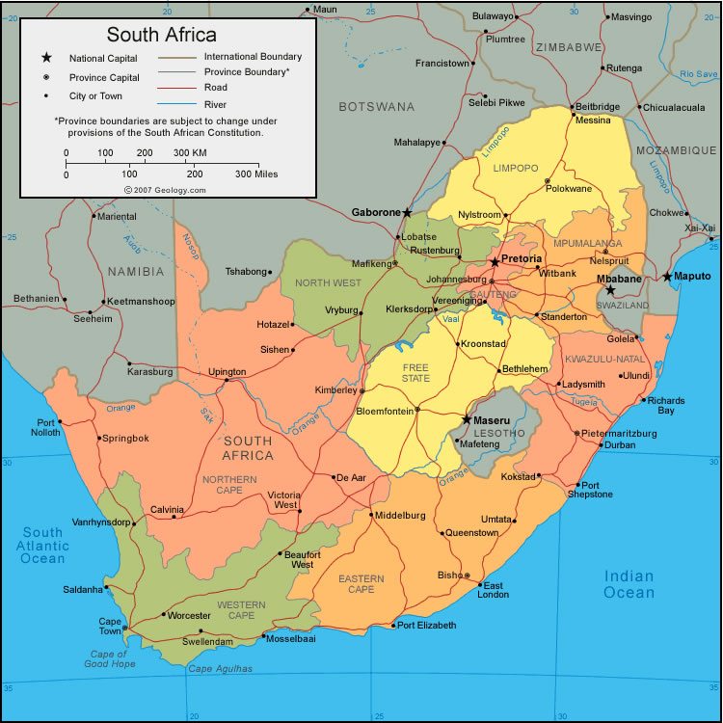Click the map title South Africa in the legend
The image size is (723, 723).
tap(161, 35)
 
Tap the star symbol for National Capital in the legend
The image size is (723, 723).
tap(44, 58)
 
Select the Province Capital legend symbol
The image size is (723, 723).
tap(44, 77)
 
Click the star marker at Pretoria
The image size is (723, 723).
tap(495, 261)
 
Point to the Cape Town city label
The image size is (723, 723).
tap(110, 627)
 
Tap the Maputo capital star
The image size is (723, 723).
tap(667, 277)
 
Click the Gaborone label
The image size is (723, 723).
tap(374, 212)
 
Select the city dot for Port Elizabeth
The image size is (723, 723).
tap(392, 626)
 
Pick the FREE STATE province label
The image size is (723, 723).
tap(415, 373)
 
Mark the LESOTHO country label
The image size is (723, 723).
tap(500, 433)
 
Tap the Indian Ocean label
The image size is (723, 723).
tap(629, 584)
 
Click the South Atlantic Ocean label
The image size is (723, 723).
tap(43, 545)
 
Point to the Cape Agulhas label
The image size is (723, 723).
tap(220, 668)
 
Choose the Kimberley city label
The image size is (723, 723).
tap(335, 389)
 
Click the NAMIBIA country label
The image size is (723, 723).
tap(136, 271)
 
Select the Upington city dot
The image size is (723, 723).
tap(227, 380)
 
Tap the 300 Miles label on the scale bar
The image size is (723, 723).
tap(256, 174)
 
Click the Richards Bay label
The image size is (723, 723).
tap(666, 405)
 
